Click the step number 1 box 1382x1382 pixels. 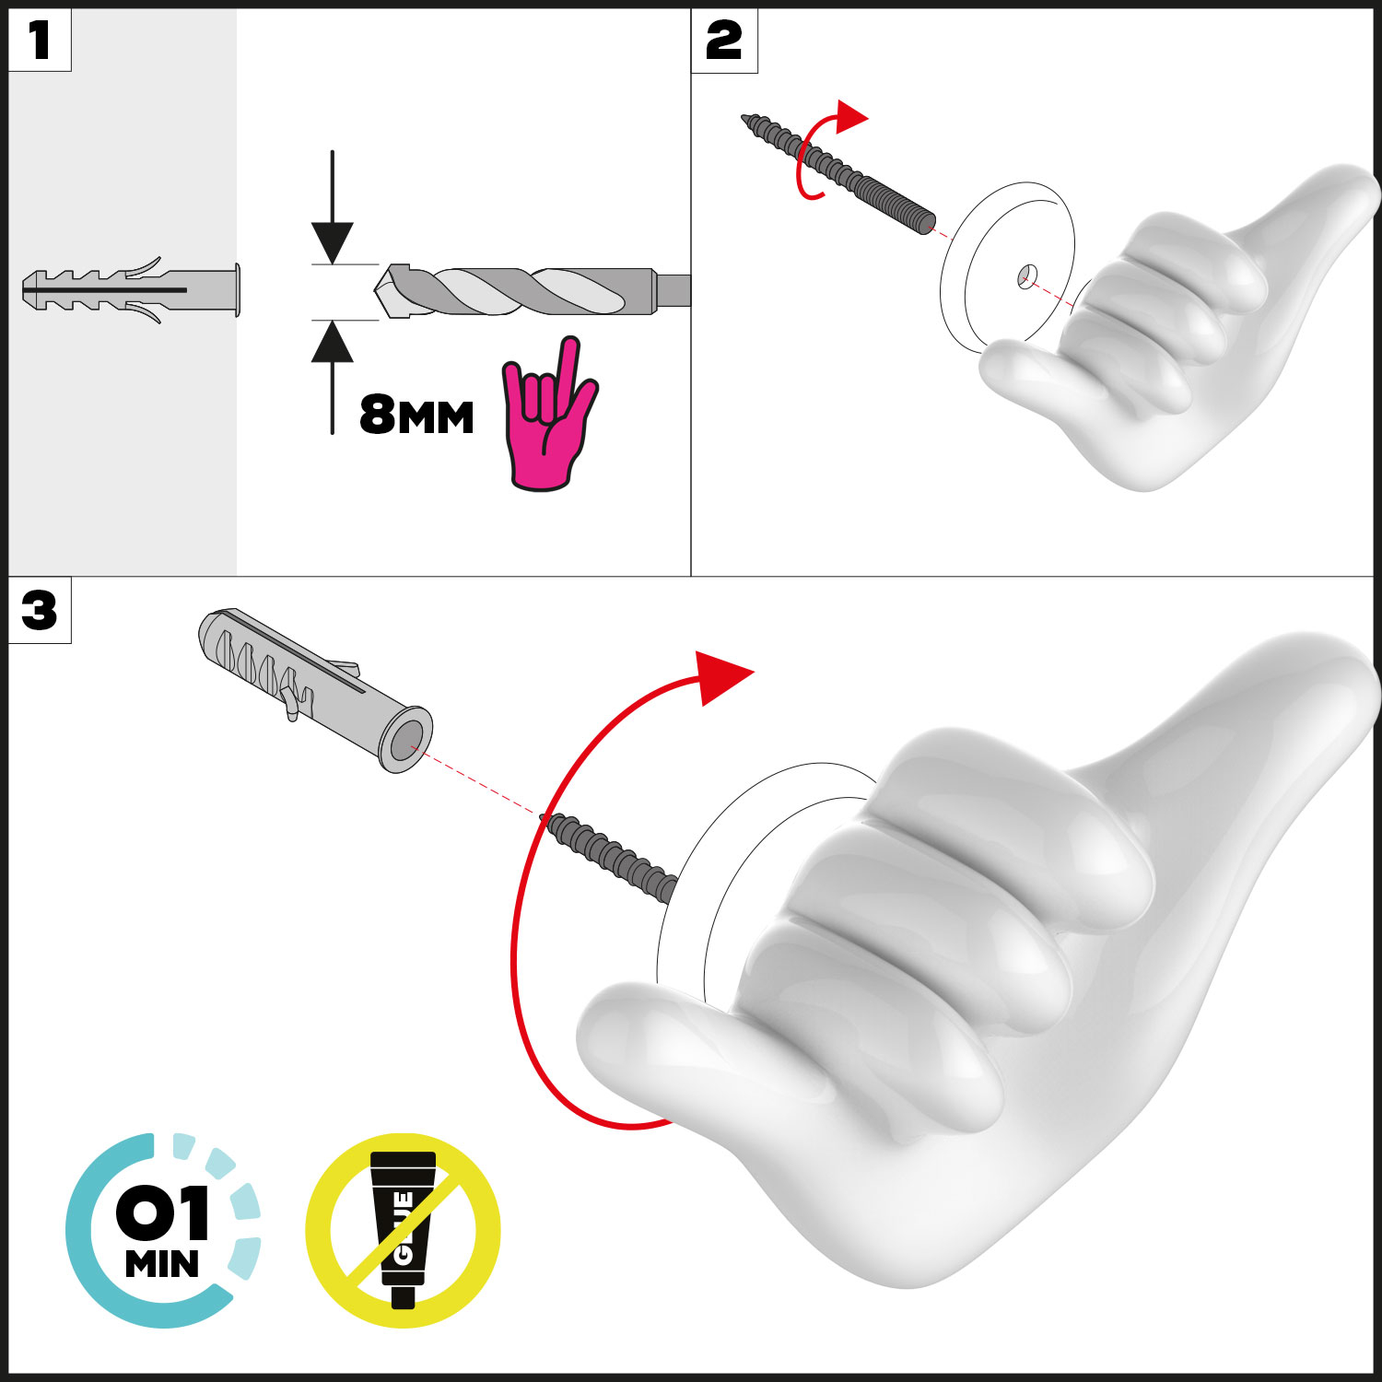click(x=40, y=41)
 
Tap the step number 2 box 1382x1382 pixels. click(x=724, y=41)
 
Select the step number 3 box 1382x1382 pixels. click(x=40, y=610)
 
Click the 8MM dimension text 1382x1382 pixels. click(x=416, y=416)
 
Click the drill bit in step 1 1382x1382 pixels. click(x=533, y=291)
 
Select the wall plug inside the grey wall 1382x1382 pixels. click(x=131, y=290)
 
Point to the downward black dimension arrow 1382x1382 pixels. click(x=332, y=207)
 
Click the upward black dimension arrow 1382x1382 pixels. click(x=332, y=377)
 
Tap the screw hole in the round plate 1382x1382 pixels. click(x=1027, y=275)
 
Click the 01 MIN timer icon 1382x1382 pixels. click(x=163, y=1231)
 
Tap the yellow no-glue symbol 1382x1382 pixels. click(x=403, y=1230)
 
